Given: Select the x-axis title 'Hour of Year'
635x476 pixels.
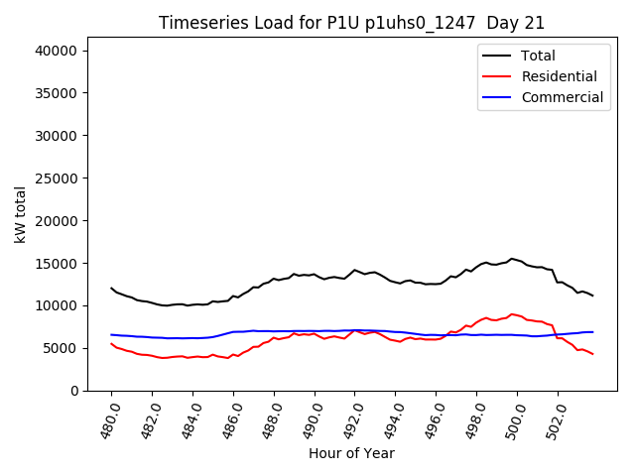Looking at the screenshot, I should coord(351,453).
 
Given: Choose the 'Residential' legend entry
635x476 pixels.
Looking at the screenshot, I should coord(559,76).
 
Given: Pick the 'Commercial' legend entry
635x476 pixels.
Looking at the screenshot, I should coord(562,97).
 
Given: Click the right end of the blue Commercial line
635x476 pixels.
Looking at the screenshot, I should coord(592,332).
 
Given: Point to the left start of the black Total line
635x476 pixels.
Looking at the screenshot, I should coord(111,288).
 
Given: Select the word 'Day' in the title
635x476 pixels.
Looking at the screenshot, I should coord(502,23).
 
